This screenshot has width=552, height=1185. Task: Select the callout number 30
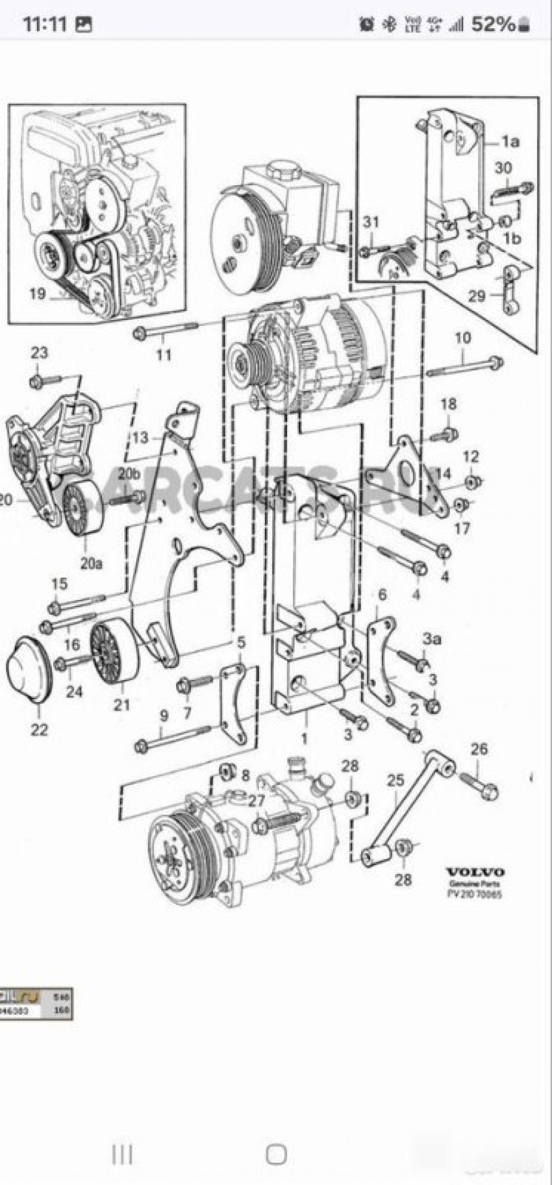tap(503, 168)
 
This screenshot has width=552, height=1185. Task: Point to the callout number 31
tap(371, 222)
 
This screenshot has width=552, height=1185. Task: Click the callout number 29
tap(477, 296)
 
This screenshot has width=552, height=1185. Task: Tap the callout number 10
tap(463, 338)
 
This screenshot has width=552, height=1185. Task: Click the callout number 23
tap(39, 353)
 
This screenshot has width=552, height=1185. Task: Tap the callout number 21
tap(121, 704)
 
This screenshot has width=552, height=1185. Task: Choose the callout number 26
tap(478, 749)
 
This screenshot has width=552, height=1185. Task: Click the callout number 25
tap(395, 780)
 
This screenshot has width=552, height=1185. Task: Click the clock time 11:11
tap(45, 24)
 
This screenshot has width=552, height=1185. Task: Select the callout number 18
tap(448, 404)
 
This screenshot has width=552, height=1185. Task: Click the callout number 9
tap(164, 716)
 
